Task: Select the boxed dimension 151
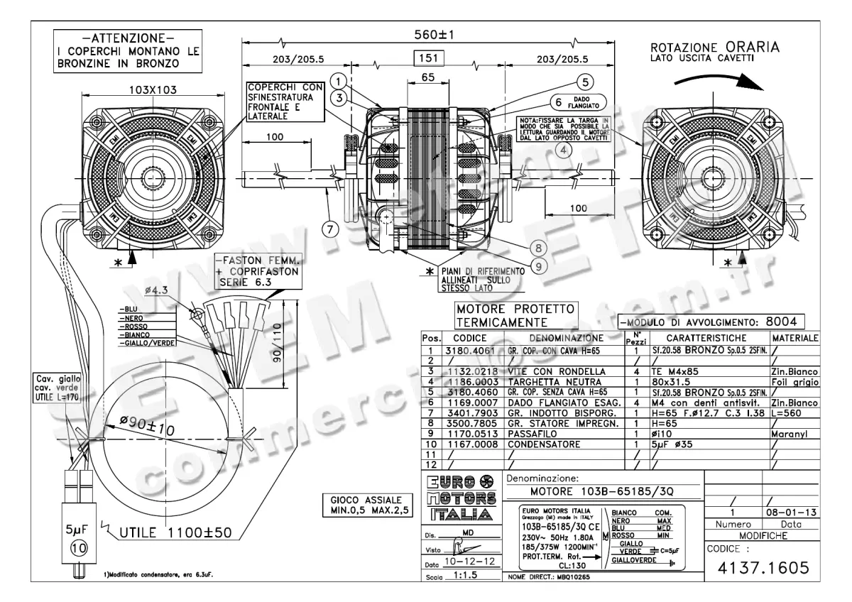point(429,58)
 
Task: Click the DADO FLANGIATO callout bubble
point(577,102)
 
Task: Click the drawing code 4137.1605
point(763,569)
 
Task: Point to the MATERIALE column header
point(794,338)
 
